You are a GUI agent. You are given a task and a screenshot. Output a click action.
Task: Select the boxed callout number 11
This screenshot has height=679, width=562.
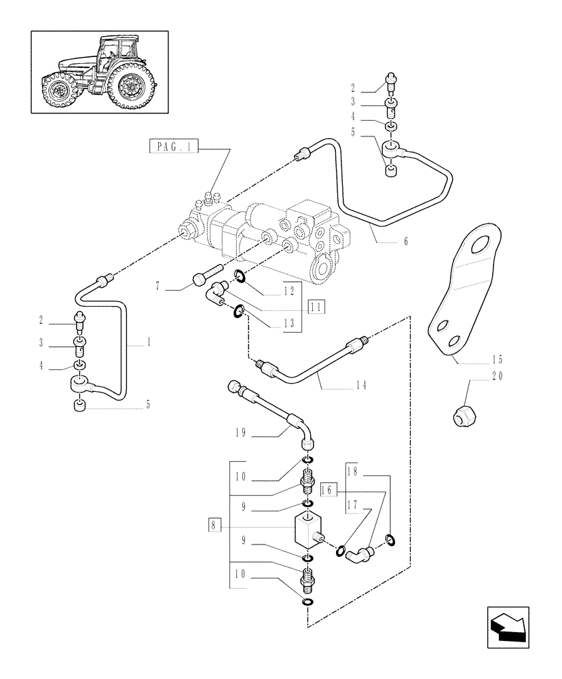tap(315, 307)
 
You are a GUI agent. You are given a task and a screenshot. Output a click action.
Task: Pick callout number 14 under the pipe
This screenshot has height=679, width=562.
tap(360, 385)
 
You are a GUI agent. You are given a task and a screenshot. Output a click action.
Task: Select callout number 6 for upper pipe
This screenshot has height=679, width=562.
tap(405, 241)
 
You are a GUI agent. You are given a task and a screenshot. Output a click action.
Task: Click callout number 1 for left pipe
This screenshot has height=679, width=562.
tap(147, 343)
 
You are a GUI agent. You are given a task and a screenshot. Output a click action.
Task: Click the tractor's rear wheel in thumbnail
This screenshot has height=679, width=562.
tap(128, 86)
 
